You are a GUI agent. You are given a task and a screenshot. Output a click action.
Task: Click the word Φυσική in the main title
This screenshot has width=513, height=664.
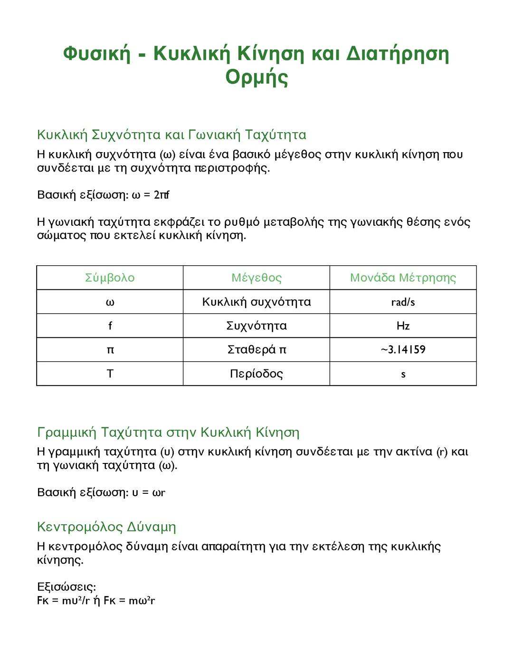coord(96,54)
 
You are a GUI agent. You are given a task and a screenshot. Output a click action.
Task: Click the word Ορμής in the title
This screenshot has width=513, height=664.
coord(256,77)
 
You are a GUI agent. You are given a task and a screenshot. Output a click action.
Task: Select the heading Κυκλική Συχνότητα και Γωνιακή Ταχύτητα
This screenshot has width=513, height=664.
coord(171,135)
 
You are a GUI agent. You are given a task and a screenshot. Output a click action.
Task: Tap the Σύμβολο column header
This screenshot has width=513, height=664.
coord(110,278)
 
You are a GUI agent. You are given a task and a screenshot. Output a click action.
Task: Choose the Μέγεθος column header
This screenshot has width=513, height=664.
coord(256,278)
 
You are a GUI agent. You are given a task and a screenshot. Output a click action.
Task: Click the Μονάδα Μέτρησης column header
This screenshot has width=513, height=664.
coord(403,278)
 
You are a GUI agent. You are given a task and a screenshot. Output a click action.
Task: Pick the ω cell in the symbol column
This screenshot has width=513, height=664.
coord(110,302)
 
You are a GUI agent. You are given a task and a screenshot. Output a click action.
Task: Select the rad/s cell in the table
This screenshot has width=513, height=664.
coord(403,302)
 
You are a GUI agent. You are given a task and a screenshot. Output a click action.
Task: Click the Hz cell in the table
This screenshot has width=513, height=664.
coord(403,326)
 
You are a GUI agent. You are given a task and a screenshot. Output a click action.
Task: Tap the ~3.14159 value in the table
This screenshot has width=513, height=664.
coord(403,350)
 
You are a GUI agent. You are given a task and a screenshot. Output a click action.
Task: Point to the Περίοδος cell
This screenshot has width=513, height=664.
coord(256,374)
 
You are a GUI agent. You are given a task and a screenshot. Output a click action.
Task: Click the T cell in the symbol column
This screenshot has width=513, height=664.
coord(110,374)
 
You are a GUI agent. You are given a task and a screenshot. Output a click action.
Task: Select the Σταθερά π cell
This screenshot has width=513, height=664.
coord(256,350)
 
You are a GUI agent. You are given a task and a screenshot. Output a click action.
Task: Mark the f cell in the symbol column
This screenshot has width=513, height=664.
coord(110,326)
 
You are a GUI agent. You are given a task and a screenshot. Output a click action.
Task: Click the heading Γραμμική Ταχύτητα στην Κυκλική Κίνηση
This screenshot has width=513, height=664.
coord(168,433)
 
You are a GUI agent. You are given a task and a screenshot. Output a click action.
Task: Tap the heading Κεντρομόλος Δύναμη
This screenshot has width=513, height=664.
coord(106,527)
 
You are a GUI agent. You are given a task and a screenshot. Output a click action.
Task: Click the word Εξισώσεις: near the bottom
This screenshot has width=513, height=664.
coord(66,587)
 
